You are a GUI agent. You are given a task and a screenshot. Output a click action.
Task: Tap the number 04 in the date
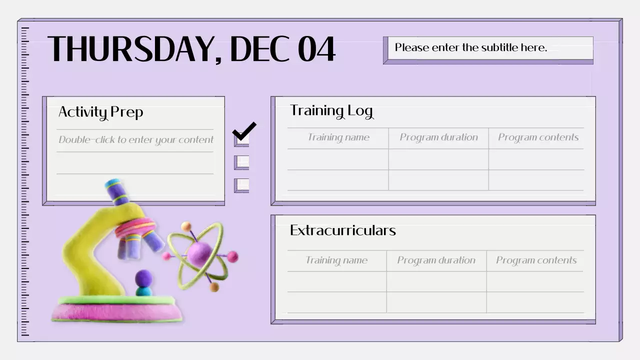(316, 49)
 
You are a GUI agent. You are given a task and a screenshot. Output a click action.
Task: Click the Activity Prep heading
(100, 112)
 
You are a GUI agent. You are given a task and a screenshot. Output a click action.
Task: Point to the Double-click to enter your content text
(135, 140)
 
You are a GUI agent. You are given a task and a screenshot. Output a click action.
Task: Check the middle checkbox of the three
(242, 162)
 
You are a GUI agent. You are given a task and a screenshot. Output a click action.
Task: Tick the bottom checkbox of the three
(242, 185)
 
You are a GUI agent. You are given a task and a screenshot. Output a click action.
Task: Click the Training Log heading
(331, 110)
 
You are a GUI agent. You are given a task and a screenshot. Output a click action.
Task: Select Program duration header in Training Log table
(438, 137)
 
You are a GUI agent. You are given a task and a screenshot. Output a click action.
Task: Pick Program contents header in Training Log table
(538, 137)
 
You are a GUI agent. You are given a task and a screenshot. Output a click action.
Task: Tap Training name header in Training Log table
(338, 137)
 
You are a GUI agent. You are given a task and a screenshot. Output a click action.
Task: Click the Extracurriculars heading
(342, 230)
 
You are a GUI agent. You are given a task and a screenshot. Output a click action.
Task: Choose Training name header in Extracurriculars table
(336, 260)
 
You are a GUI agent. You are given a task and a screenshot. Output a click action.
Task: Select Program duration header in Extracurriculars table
(436, 260)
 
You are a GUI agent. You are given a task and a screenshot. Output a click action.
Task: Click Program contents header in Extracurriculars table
(536, 260)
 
